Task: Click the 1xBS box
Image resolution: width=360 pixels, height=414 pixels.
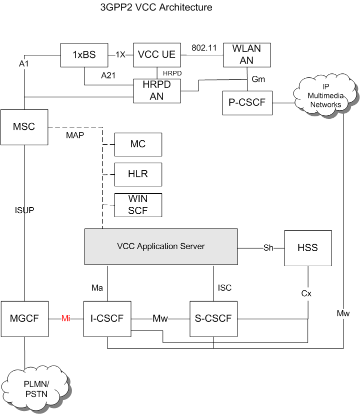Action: coord(84,55)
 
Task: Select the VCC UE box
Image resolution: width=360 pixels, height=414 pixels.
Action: coord(156,55)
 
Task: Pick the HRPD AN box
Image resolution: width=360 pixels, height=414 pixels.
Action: coord(156,90)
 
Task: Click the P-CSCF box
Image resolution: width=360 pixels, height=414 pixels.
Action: coord(246,103)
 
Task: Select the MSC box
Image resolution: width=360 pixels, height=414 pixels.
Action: coord(24,126)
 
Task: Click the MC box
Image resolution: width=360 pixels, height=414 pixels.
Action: coord(138,144)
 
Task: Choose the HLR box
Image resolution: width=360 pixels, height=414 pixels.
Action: coord(138,174)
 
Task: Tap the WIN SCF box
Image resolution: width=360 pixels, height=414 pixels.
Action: coord(138,205)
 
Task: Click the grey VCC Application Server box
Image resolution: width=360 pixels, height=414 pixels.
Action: coord(160,246)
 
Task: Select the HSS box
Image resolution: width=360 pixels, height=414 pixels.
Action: coord(307,248)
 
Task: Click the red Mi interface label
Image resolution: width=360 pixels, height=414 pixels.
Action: coord(65,318)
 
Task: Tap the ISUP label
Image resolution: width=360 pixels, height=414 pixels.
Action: coord(24,210)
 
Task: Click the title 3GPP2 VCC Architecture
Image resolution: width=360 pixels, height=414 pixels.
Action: coord(156,7)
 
